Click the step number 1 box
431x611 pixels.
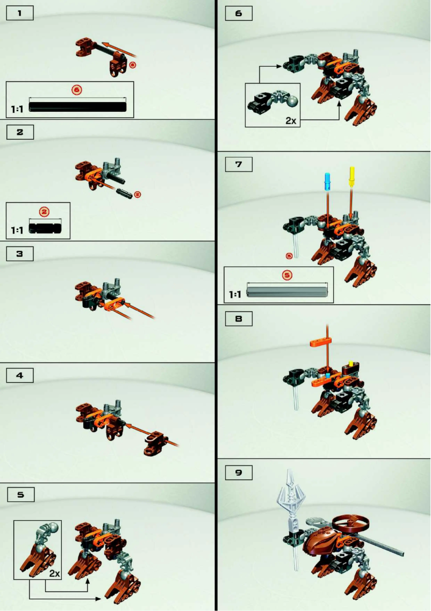(20, 13)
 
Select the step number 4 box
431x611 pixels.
(20, 376)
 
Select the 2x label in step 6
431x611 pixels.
(291, 120)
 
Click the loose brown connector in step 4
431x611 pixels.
(155, 442)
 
